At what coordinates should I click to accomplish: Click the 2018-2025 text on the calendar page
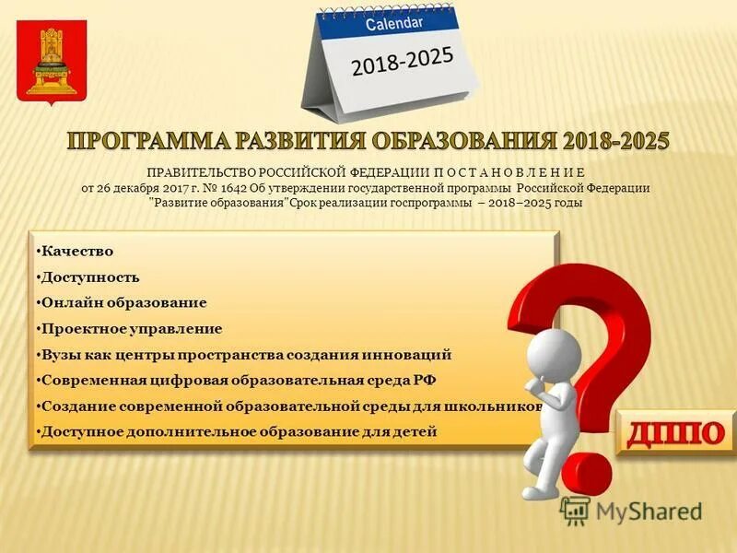402,63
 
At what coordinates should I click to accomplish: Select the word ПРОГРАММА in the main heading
148,142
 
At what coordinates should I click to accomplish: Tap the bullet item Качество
76,251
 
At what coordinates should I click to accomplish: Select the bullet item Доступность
89,276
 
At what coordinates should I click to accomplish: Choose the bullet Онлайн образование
123,302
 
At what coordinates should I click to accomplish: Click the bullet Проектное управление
131,328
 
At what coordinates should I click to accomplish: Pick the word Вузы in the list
61,354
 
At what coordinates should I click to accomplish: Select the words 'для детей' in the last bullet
406,431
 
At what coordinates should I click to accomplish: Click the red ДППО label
675,430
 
